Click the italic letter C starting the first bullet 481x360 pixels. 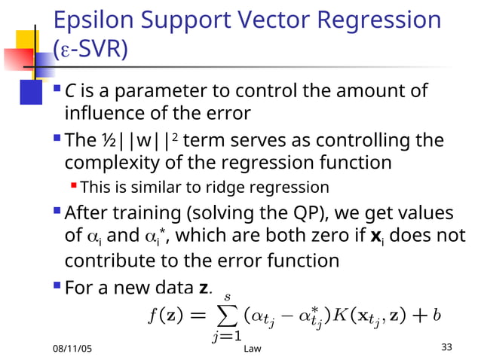click(x=69, y=91)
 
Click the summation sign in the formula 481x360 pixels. click(x=225, y=316)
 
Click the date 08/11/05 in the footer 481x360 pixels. click(x=77, y=349)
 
